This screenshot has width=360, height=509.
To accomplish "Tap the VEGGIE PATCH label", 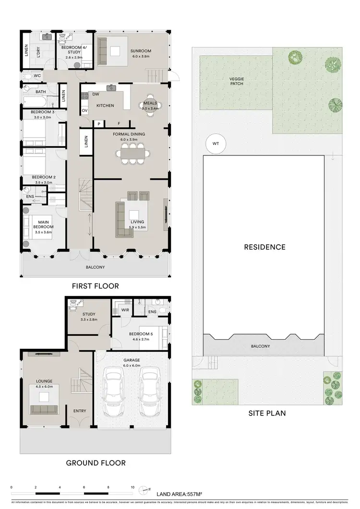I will (236, 81).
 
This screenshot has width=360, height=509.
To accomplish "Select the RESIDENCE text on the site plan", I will (264, 248).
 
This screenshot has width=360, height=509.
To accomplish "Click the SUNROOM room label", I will (141, 50).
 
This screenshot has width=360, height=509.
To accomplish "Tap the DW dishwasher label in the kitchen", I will (96, 95).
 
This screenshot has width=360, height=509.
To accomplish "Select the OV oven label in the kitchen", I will (84, 111).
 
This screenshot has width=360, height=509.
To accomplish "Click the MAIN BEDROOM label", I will (43, 227).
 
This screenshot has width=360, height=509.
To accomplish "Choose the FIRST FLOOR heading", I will (95, 286).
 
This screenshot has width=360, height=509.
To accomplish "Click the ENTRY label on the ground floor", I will (80, 411).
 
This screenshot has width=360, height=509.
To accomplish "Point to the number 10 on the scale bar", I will (132, 487).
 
